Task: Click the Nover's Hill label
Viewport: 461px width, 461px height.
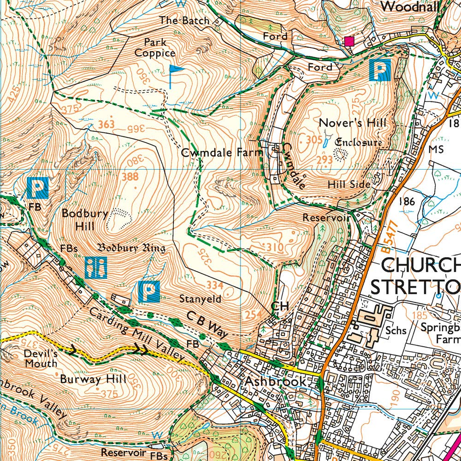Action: pyautogui.click(x=353, y=123)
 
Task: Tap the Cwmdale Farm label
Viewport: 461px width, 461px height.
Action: pyautogui.click(x=222, y=153)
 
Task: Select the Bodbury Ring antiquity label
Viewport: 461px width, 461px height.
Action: pyautogui.click(x=131, y=248)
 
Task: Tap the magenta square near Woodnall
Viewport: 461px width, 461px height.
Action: pyautogui.click(x=349, y=41)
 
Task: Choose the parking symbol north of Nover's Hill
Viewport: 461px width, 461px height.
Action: pyautogui.click(x=380, y=70)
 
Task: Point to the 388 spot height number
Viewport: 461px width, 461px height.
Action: pyautogui.click(x=130, y=177)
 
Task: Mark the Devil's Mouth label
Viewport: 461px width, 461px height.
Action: pyautogui.click(x=41, y=359)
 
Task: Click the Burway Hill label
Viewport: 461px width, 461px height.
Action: pyautogui.click(x=93, y=379)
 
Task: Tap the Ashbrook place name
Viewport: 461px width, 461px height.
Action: pyautogui.click(x=275, y=382)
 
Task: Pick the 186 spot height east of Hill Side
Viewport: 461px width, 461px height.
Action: pyautogui.click(x=408, y=201)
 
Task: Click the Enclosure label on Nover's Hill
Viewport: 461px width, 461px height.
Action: pyautogui.click(x=359, y=142)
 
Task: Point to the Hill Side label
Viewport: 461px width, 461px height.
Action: pyautogui.click(x=349, y=184)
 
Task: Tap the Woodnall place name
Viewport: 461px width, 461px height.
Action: pyautogui.click(x=411, y=6)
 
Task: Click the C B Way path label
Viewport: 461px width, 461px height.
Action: pyautogui.click(x=208, y=323)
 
